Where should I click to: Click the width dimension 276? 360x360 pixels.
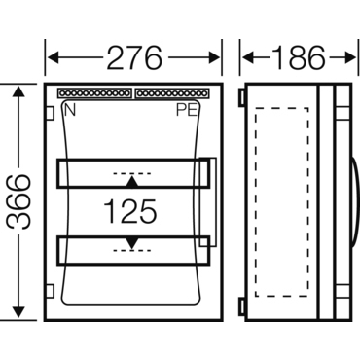click(x=134, y=57)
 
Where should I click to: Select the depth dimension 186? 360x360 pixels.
click(x=298, y=57)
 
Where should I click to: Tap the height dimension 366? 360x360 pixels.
click(x=18, y=201)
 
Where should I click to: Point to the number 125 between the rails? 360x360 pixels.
click(x=130, y=211)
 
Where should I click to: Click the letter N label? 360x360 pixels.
click(x=70, y=110)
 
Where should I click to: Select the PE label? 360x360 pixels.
click(x=187, y=110)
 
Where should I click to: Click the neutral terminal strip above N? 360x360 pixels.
click(x=94, y=93)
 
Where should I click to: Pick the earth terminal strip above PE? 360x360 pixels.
click(x=171, y=93)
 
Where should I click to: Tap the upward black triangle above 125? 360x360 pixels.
click(x=132, y=182)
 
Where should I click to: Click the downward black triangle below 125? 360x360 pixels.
click(x=132, y=243)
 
